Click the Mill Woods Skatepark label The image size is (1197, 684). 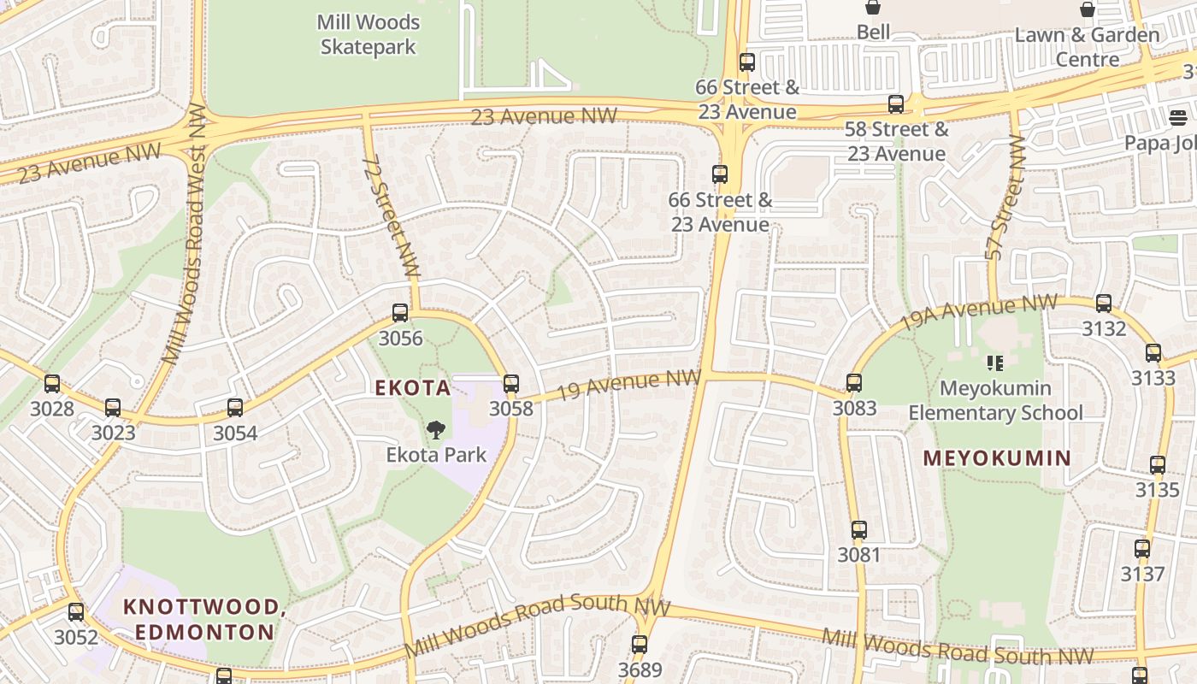tap(369, 34)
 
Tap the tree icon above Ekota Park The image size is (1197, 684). tap(436, 429)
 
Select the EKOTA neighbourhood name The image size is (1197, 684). tap(412, 388)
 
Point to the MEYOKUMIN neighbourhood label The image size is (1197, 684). tap(996, 458)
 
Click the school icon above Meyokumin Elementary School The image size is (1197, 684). tap(994, 363)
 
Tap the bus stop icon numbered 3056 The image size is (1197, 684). tap(400, 313)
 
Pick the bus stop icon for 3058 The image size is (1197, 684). tap(511, 384)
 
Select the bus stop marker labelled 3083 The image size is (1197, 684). tap(854, 383)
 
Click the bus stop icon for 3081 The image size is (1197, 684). tap(859, 530)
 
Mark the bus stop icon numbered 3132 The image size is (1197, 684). tap(1104, 304)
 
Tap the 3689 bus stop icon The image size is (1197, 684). tap(640, 645)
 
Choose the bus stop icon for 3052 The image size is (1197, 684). tap(76, 612)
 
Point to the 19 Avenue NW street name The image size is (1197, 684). tap(628, 385)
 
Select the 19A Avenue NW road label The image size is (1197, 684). tap(978, 314)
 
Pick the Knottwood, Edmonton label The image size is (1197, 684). tap(203, 620)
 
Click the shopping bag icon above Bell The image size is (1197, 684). tap(873, 8)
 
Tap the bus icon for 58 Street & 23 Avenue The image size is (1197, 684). tap(896, 104)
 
